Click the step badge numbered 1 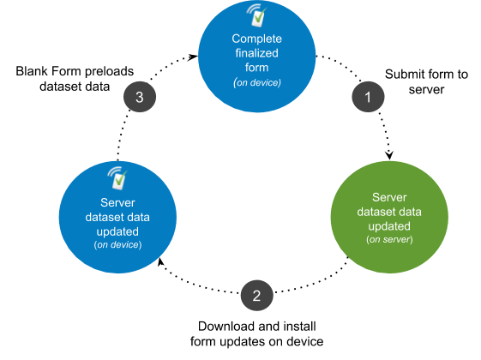pyautogui.click(x=368, y=97)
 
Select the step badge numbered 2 pyautogui.click(x=256, y=296)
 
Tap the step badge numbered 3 pyautogui.click(x=140, y=97)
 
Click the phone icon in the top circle pyautogui.click(x=256, y=18)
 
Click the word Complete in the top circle pyautogui.click(x=257, y=39)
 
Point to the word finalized pyautogui.click(x=257, y=54)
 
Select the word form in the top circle pyautogui.click(x=257, y=69)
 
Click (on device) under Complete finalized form pyautogui.click(x=257, y=82)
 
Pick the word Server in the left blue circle pyautogui.click(x=117, y=202)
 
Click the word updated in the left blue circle pyautogui.click(x=117, y=231)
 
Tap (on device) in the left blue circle pyautogui.click(x=117, y=245)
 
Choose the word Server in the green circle pyautogui.click(x=389, y=197)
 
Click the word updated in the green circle pyautogui.click(x=389, y=226)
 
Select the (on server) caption pyautogui.click(x=389, y=240)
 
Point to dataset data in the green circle pyautogui.click(x=389, y=212)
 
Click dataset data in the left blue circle pyautogui.click(x=117, y=217)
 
